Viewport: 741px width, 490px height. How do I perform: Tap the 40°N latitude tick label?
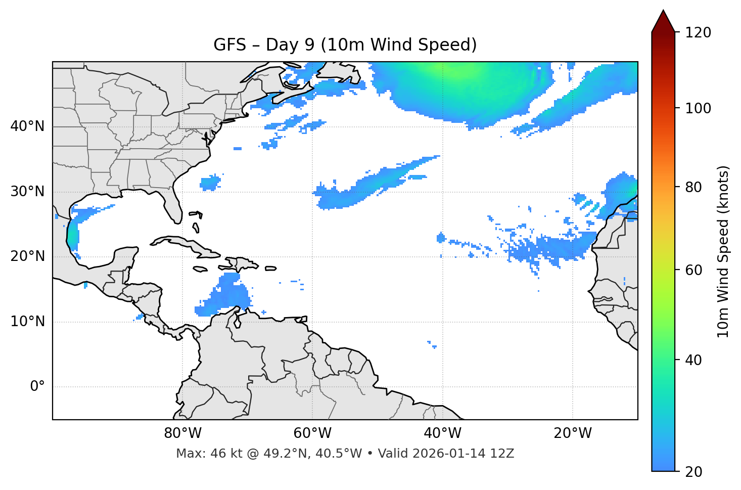coord(27,126)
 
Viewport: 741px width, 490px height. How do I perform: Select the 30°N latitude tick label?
coord(27,192)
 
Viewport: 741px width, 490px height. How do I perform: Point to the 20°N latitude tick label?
coord(27,256)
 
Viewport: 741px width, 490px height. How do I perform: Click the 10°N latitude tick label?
coord(27,322)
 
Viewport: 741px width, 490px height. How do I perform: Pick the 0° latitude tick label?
coord(37,387)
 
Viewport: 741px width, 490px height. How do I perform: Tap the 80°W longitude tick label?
coord(182,433)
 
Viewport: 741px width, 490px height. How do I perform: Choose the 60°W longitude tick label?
coord(312,433)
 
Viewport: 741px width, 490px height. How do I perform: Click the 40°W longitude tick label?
coord(442,433)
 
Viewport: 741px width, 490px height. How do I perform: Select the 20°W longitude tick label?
coord(573,433)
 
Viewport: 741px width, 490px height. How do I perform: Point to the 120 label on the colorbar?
coord(698,33)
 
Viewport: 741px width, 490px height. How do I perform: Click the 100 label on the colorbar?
coord(698,108)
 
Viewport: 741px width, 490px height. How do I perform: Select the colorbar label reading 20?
coord(694,472)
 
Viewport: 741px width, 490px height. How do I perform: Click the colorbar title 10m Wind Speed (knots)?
coord(723,251)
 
